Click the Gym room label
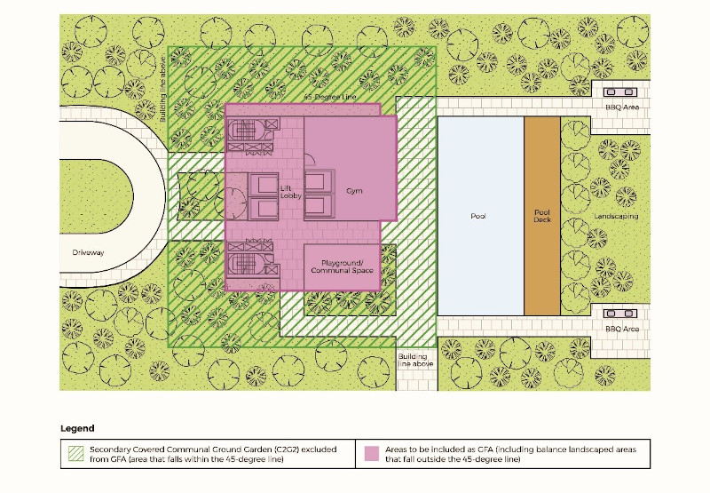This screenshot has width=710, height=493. (x=354, y=191)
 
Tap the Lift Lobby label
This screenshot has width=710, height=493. (x=291, y=192)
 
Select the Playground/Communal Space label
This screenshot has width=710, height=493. (x=343, y=266)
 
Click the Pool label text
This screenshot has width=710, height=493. (x=478, y=216)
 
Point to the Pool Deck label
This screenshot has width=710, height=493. (x=542, y=216)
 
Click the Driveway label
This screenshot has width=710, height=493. (x=88, y=252)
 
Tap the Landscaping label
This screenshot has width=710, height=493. (x=616, y=216)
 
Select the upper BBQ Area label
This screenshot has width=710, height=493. (x=622, y=107)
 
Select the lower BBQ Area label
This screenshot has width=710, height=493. (x=622, y=329)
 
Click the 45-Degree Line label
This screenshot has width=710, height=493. (x=330, y=97)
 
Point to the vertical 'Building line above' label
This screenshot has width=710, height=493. (x=163, y=89)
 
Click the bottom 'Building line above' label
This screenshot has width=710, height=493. (x=415, y=360)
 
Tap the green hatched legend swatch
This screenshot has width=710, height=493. (x=76, y=454)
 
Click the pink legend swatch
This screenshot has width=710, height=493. (x=372, y=454)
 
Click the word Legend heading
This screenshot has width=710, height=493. (x=77, y=428)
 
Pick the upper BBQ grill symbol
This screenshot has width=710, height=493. (x=619, y=92)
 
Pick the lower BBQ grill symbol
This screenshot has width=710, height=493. (x=619, y=314)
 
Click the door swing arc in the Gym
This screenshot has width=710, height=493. (x=309, y=160)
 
